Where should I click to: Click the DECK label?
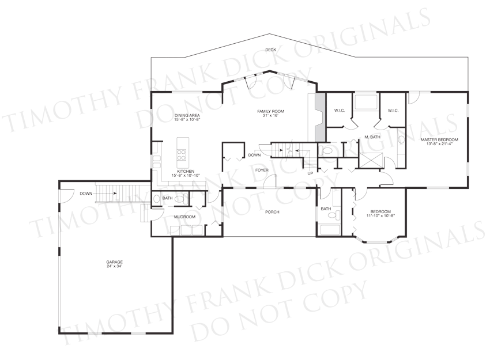click(270, 50)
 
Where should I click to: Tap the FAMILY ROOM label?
click(270, 111)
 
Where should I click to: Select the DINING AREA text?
click(187, 116)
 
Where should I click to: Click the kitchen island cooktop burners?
click(181, 155)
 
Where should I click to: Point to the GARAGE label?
click(114, 262)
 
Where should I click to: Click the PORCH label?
click(272, 212)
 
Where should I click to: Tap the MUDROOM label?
click(184, 217)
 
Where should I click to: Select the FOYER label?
click(262, 170)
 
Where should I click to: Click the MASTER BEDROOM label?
click(439, 139)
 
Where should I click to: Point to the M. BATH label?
click(372, 137)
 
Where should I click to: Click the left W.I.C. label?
click(340, 110)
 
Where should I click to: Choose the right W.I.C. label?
click(393, 110)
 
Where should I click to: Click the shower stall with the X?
click(371, 160)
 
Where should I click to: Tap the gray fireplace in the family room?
click(320, 116)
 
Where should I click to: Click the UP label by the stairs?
click(310, 173)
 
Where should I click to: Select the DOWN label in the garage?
click(86, 194)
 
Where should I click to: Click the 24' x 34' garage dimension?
click(114, 266)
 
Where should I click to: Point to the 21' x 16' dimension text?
click(270, 116)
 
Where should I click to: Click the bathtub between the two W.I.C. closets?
click(366, 102)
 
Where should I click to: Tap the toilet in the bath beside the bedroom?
click(336, 215)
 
